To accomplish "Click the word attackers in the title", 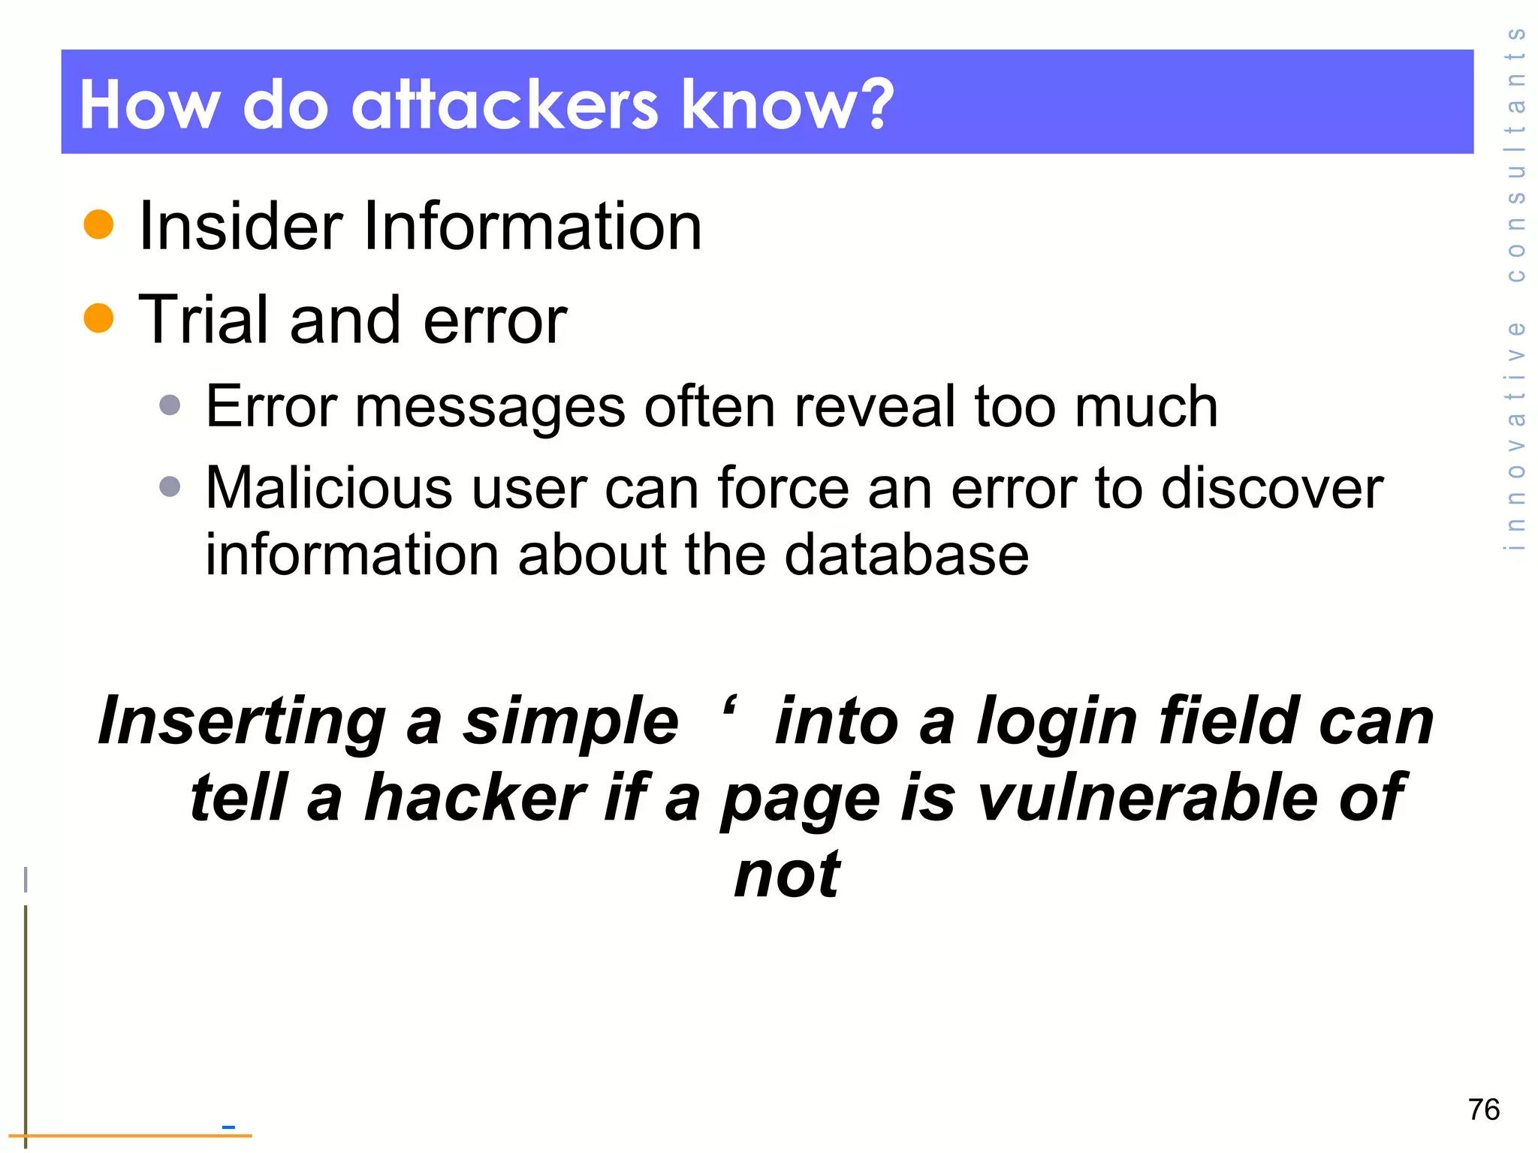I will (x=505, y=106).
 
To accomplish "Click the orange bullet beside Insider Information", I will (x=98, y=224).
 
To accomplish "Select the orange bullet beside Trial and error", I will (x=98, y=318).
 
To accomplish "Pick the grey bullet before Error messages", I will (x=170, y=405).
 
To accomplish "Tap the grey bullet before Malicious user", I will (x=170, y=486).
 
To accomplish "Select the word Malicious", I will (x=329, y=488).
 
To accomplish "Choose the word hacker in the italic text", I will (x=475, y=798).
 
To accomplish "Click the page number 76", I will (x=1483, y=1109).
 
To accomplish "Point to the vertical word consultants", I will (x=1515, y=154).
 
